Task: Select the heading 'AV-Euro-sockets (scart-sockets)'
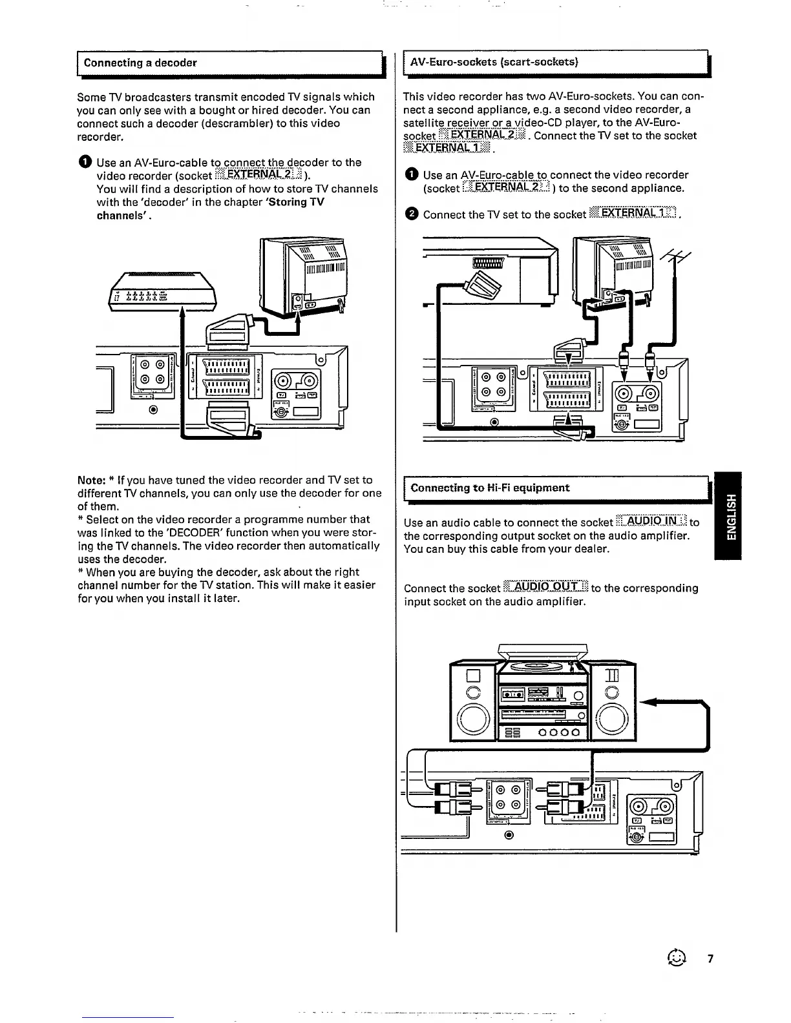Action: coord(494,62)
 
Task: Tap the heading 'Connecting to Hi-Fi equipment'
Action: coord(490,488)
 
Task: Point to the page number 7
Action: coord(710,958)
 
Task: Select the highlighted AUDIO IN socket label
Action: coord(651,522)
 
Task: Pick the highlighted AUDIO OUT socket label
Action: coord(545,588)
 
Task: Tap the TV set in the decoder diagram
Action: coord(304,274)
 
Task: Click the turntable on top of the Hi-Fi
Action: coord(543,666)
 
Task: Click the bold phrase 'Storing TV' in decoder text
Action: coord(298,202)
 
